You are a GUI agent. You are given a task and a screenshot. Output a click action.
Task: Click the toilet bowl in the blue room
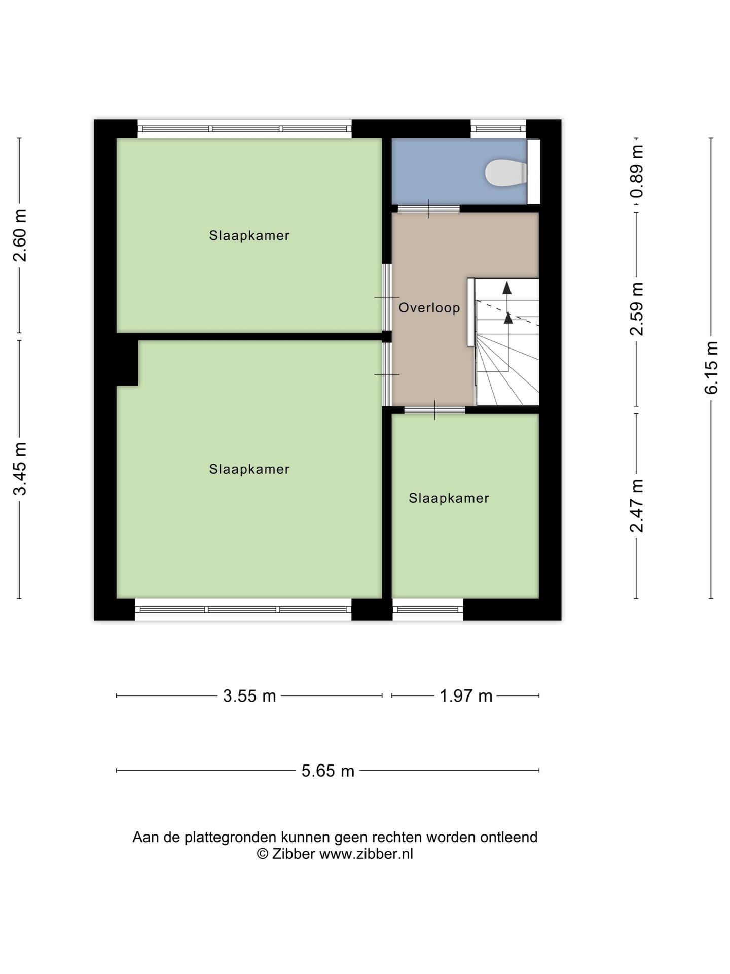tap(505, 172)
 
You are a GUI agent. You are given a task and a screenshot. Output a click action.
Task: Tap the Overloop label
tap(429, 308)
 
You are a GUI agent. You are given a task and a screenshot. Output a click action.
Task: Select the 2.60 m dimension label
tap(20, 235)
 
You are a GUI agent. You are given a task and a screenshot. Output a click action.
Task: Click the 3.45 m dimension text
tap(20, 469)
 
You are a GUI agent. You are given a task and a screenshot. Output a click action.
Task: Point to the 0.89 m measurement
tap(637, 171)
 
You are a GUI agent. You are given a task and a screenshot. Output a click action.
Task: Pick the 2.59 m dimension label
tap(637, 309)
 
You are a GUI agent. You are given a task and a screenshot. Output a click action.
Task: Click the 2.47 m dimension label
tap(637, 506)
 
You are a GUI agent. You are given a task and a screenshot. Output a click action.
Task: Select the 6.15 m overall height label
tap(711, 368)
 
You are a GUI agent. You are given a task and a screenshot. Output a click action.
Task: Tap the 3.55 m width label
tap(249, 696)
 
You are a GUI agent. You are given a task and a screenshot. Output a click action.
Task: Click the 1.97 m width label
tap(466, 696)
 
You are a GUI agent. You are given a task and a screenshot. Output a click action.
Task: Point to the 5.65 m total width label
tap(327, 771)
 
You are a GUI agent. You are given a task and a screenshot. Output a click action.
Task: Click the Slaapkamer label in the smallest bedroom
tap(449, 498)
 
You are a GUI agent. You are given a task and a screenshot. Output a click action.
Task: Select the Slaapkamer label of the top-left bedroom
tap(249, 236)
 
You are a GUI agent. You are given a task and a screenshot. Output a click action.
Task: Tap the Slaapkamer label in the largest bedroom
tap(249, 469)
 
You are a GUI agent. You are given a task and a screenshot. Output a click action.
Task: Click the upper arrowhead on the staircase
tap(507, 288)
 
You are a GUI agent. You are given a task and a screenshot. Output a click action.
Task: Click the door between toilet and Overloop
tap(429, 208)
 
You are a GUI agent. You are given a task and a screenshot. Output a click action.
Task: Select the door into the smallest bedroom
tap(435, 410)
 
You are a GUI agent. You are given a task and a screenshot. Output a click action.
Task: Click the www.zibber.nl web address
tap(366, 854)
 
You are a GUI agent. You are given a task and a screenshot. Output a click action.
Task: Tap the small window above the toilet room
tap(498, 129)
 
